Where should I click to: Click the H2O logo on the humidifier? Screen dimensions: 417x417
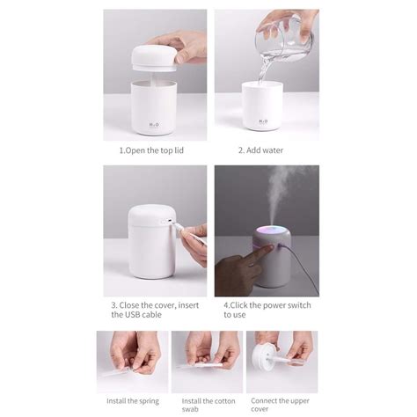(x=153, y=121)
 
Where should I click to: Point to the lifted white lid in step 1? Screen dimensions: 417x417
(x=153, y=54)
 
